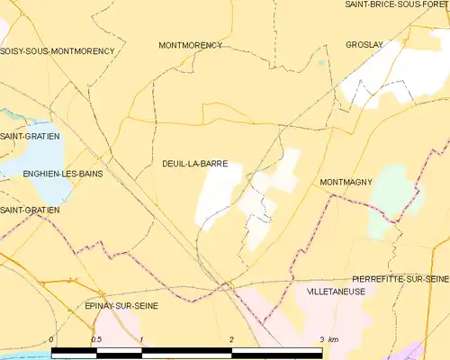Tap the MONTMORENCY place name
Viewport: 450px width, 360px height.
pyautogui.click(x=190, y=44)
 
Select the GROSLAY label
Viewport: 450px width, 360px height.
pyautogui.click(x=364, y=44)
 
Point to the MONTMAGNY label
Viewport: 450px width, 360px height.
pyautogui.click(x=346, y=182)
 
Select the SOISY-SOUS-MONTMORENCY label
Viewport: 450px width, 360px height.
pyautogui.click(x=58, y=51)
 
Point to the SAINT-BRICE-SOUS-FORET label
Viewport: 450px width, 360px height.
pyautogui.click(x=397, y=4)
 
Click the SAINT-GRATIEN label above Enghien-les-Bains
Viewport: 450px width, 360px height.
pyautogui.click(x=24, y=136)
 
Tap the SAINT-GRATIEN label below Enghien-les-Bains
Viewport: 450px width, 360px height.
pyautogui.click(x=30, y=210)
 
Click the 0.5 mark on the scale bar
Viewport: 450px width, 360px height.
pyautogui.click(x=96, y=338)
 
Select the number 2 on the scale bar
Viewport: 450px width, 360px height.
pyautogui.click(x=232, y=338)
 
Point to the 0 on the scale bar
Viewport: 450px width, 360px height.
pyautogui.click(x=51, y=338)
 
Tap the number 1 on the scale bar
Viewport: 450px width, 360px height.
pyautogui.click(x=142, y=338)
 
